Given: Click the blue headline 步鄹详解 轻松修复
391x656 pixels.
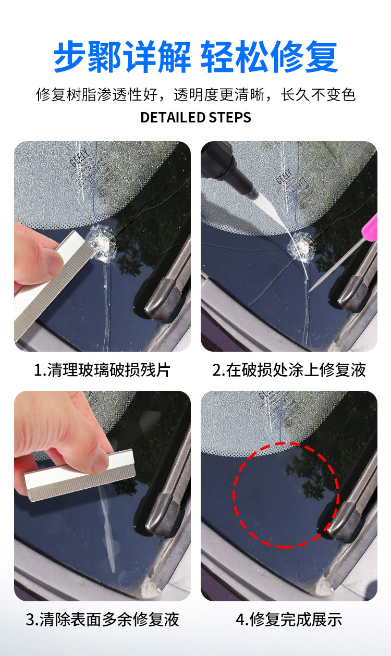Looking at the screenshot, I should pos(195,57).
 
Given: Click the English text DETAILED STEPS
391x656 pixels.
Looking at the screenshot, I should pos(195,117).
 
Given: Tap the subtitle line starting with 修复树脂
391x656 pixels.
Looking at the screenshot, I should pos(195,95).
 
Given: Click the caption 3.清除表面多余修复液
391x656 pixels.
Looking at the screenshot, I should pos(102,619).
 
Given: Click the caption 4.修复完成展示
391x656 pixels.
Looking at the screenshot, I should pos(289,619).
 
